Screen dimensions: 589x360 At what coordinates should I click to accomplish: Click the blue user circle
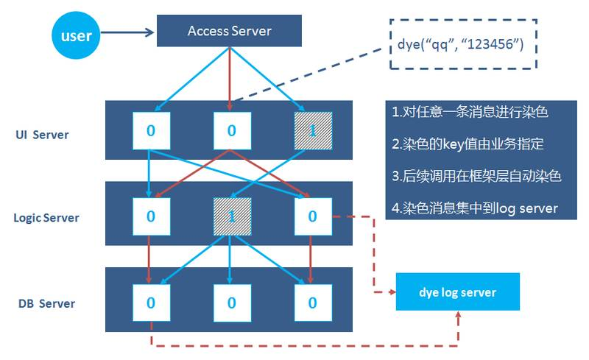click(76, 35)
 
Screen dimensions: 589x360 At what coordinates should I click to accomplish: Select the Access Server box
click(229, 31)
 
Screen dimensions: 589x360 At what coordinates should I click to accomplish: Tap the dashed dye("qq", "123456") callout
click(463, 44)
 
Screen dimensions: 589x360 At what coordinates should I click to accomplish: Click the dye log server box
click(457, 292)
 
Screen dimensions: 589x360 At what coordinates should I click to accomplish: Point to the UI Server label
click(42, 135)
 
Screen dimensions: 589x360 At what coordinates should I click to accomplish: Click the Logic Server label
click(46, 218)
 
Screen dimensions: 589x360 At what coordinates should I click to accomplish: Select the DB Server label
click(46, 303)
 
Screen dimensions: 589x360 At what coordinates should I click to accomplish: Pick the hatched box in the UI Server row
click(313, 131)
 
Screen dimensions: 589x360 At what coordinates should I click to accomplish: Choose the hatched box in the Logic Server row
click(232, 216)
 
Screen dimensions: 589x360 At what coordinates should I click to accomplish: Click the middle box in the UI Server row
click(232, 131)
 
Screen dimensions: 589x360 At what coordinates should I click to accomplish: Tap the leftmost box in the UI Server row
click(152, 131)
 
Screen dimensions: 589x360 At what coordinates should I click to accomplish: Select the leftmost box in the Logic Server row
click(152, 216)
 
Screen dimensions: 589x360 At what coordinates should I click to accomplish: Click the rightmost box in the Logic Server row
click(313, 216)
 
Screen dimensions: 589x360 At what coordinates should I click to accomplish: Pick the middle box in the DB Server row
click(232, 303)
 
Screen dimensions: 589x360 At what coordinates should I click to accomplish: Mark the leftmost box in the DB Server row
click(152, 303)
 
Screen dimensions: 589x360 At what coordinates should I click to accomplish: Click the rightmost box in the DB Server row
click(313, 303)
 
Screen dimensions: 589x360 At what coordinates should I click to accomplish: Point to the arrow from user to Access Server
click(127, 32)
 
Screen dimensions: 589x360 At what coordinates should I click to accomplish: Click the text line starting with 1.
click(470, 112)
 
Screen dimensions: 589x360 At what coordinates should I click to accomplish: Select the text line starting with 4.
click(475, 208)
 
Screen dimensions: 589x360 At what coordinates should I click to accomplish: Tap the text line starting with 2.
click(468, 144)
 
